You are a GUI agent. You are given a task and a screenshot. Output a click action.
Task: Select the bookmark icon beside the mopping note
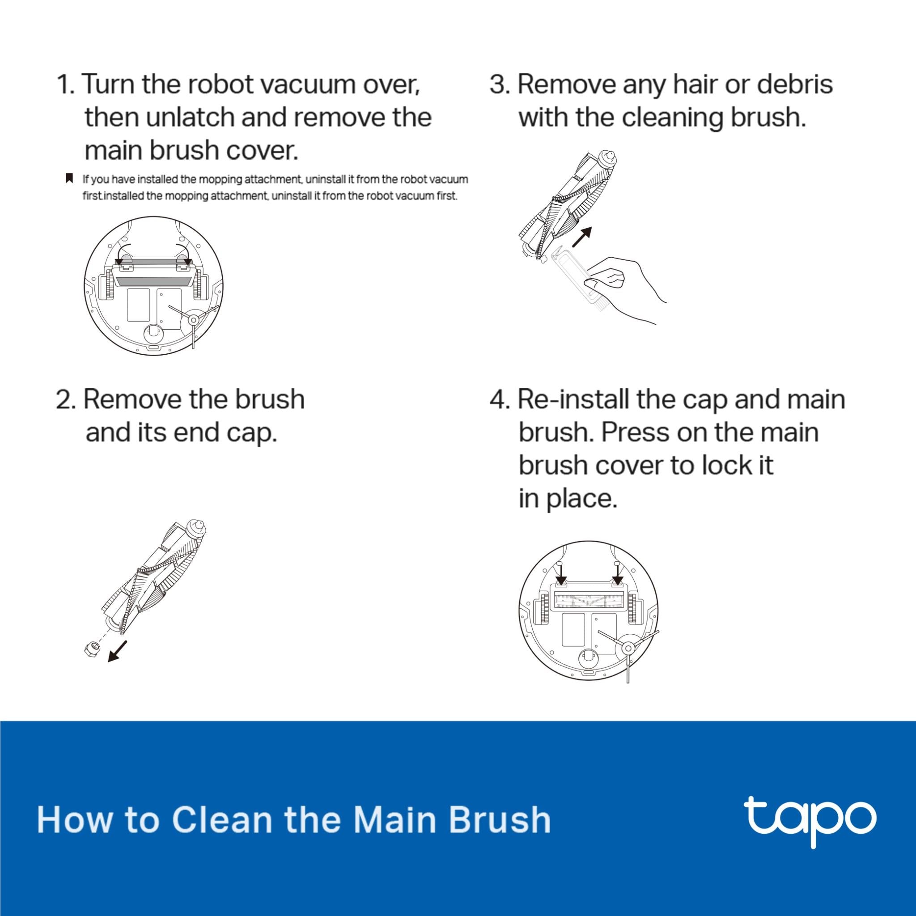69,179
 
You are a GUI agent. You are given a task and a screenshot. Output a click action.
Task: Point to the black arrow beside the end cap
118,650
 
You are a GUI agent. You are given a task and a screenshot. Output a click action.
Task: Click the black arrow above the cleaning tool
582,237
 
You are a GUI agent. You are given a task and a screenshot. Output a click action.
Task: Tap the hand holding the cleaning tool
626,284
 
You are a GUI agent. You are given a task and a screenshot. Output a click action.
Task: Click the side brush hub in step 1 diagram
193,321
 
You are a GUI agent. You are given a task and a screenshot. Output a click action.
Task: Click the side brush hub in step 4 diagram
627,648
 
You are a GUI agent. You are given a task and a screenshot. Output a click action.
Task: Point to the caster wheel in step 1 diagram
153,333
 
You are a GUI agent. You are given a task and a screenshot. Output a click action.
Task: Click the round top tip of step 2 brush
199,526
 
